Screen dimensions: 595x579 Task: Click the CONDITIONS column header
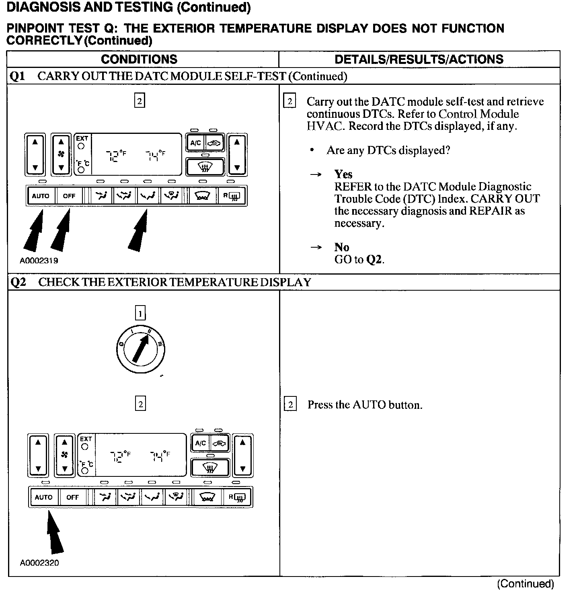pyautogui.click(x=139, y=59)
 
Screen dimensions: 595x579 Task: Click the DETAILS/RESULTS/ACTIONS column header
pyautogui.click(x=419, y=59)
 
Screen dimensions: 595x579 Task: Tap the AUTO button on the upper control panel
pyautogui.click(x=41, y=196)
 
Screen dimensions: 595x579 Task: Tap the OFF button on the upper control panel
pyautogui.click(x=69, y=196)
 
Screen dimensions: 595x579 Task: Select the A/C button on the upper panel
pyautogui.click(x=195, y=143)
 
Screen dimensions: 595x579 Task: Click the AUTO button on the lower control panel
pyautogui.click(x=44, y=497)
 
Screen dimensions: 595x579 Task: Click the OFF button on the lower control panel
pyautogui.click(x=73, y=497)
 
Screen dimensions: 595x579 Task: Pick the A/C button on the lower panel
pyautogui.click(x=200, y=443)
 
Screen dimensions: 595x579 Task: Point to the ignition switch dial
pyautogui.click(x=140, y=348)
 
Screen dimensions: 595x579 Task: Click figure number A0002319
pyautogui.click(x=39, y=261)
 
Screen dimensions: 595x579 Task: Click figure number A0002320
pyautogui.click(x=39, y=563)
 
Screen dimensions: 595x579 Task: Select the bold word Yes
pyautogui.click(x=343, y=174)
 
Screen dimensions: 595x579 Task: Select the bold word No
pyautogui.click(x=341, y=247)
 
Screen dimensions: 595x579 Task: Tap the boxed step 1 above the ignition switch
pyautogui.click(x=140, y=313)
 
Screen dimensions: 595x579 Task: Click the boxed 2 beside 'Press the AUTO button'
pyautogui.click(x=290, y=404)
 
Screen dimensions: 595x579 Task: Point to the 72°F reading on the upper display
pyautogui.click(x=116, y=155)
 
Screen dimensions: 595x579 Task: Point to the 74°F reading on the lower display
pyautogui.click(x=160, y=456)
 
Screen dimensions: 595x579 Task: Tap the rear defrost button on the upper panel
pyautogui.click(x=232, y=196)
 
